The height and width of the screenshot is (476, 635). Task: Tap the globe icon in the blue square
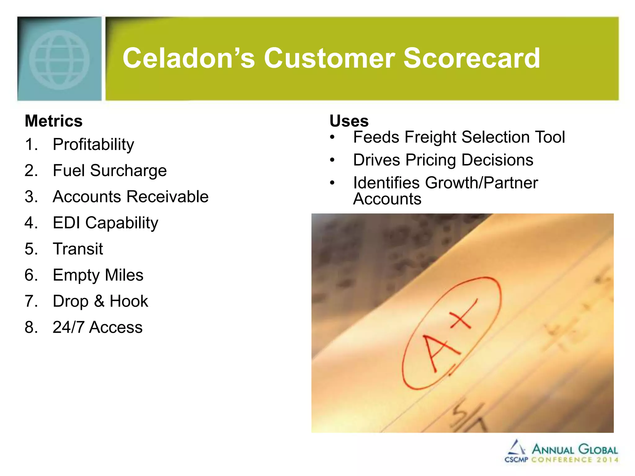tap(60, 60)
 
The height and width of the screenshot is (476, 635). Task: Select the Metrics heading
tap(54, 121)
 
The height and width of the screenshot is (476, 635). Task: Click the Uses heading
tap(349, 121)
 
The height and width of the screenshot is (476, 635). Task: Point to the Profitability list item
tap(93, 145)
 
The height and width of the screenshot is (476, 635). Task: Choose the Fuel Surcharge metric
tap(110, 171)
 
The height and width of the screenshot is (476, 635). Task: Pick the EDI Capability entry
tap(105, 223)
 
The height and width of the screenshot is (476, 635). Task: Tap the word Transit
tap(78, 249)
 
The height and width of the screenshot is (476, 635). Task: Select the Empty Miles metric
tap(98, 275)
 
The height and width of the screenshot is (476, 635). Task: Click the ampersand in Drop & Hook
tap(99, 301)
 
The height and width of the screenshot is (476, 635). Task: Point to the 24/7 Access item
tap(97, 327)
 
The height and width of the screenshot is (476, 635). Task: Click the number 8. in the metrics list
tap(31, 327)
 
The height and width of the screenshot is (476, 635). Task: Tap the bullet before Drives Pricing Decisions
tap(332, 160)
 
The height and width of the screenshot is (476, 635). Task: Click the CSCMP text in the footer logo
tap(516, 460)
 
